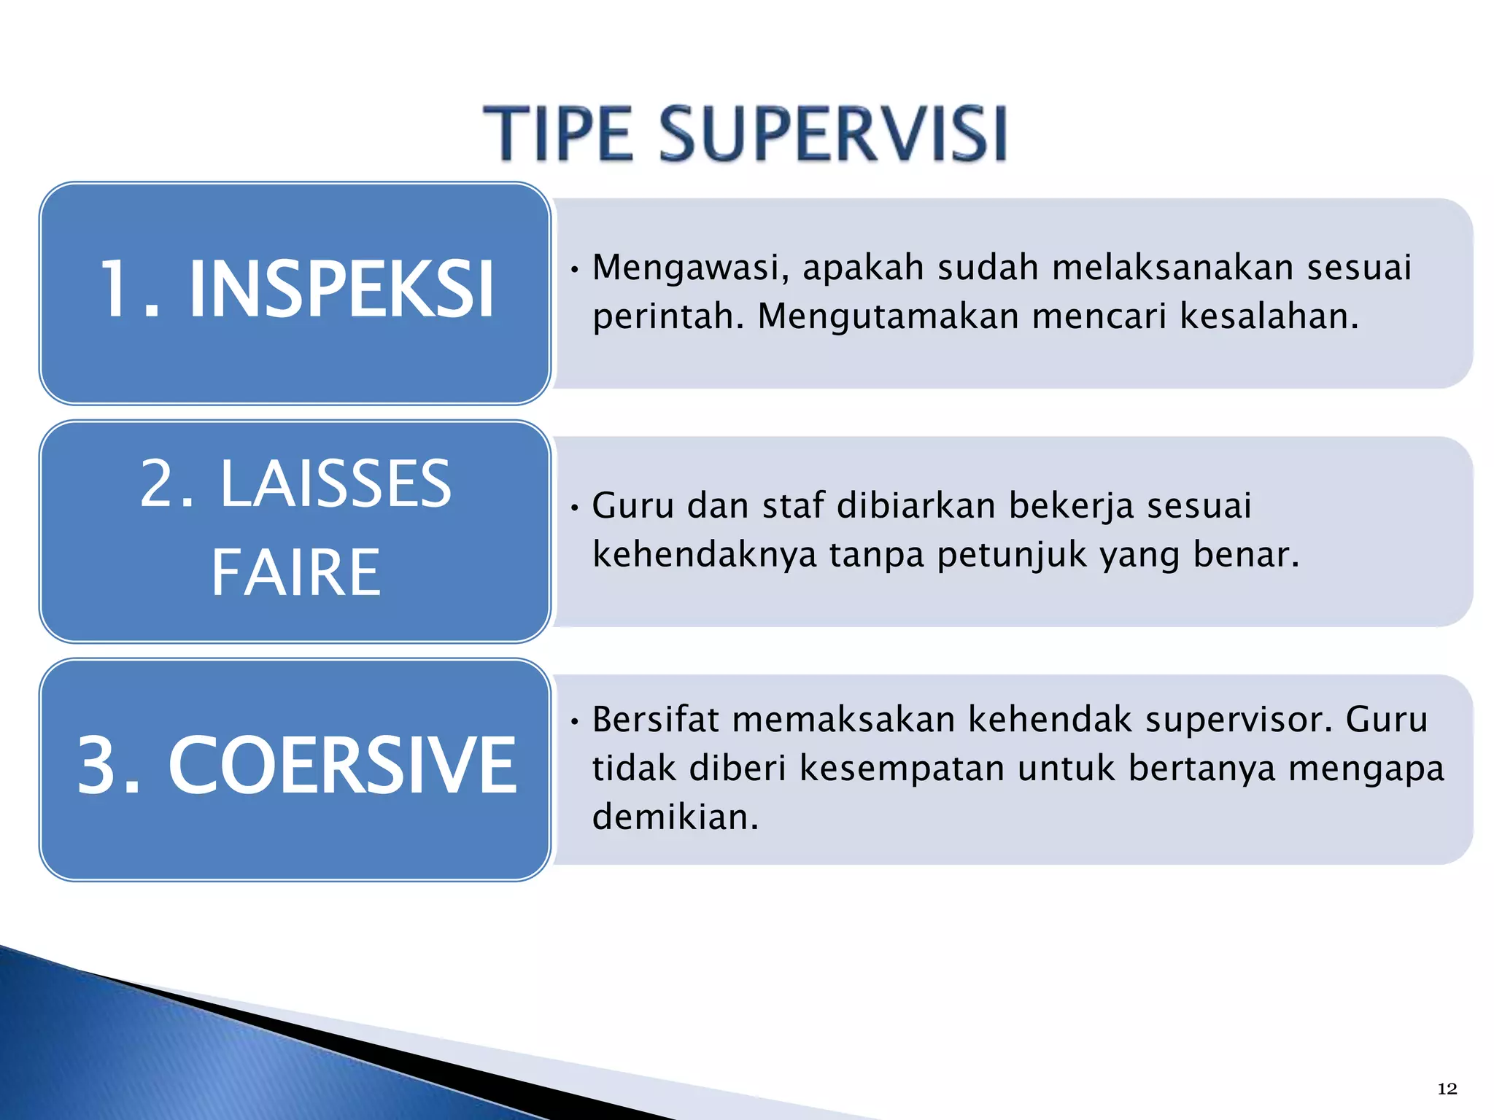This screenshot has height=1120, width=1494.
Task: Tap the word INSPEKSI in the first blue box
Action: coord(341,289)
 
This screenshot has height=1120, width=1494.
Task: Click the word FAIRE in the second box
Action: coord(295,573)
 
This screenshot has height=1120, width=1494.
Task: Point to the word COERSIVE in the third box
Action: coord(342,766)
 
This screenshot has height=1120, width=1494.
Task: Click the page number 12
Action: coord(1447,1089)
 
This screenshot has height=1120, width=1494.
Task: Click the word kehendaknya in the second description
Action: coord(704,554)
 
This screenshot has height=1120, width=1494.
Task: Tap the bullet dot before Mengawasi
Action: coord(575,271)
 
